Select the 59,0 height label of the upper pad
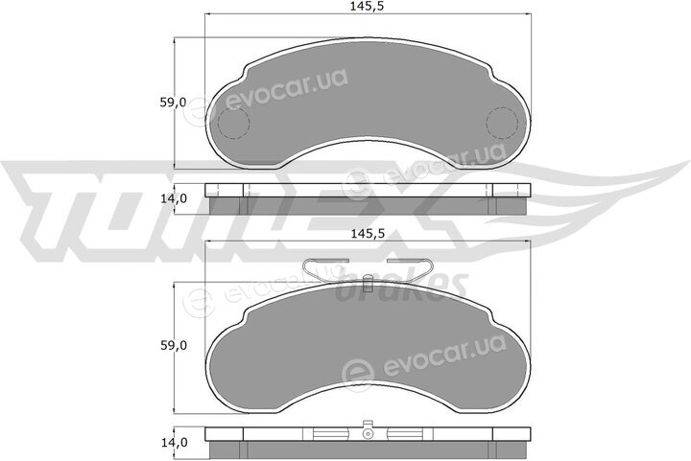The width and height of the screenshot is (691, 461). pyautogui.click(x=173, y=103)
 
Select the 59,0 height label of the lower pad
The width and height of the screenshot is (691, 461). pyautogui.click(x=173, y=346)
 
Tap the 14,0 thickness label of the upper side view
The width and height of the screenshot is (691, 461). pyautogui.click(x=173, y=198)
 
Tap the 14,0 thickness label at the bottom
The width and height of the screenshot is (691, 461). pyautogui.click(x=173, y=442)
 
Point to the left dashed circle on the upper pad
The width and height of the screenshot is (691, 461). pyautogui.click(x=234, y=124)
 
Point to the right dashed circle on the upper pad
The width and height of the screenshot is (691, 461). pyautogui.click(x=502, y=124)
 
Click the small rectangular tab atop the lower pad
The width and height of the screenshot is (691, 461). pyautogui.click(x=368, y=284)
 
